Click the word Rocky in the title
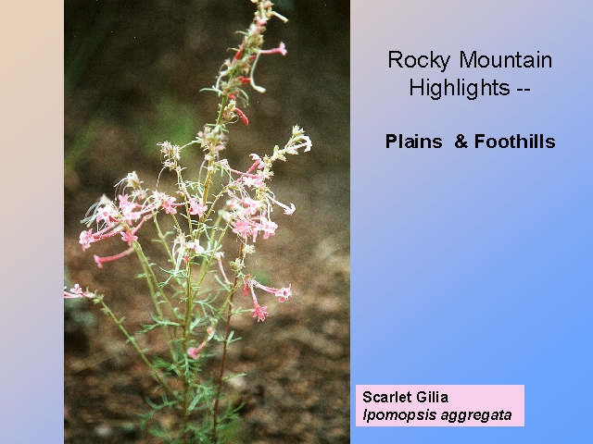tap(419, 60)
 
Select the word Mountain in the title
tap(506, 59)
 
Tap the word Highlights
tap(460, 89)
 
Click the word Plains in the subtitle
tap(414, 142)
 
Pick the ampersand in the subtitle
tap(461, 142)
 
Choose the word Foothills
tap(515, 142)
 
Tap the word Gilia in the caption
tap(432, 397)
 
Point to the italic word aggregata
tap(476, 415)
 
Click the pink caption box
tap(440, 405)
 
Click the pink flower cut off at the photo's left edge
tap(74, 291)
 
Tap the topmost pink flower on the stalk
tap(274, 49)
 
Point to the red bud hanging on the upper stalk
tap(242, 116)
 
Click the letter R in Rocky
tap(395, 59)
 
